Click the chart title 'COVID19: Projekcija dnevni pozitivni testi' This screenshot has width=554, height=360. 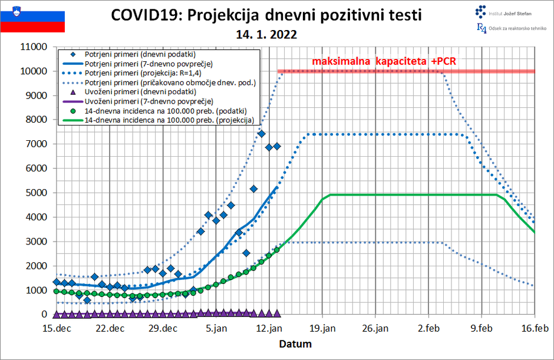(266, 15)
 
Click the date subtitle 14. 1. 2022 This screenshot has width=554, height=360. (266, 35)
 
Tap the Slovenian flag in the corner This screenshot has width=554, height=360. (32, 17)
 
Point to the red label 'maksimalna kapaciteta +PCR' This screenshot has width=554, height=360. (384, 61)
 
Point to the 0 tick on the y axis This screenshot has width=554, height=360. (44, 315)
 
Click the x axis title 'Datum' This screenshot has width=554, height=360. (295, 344)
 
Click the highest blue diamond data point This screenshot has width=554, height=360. (261, 134)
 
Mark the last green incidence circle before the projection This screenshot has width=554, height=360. (277, 250)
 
